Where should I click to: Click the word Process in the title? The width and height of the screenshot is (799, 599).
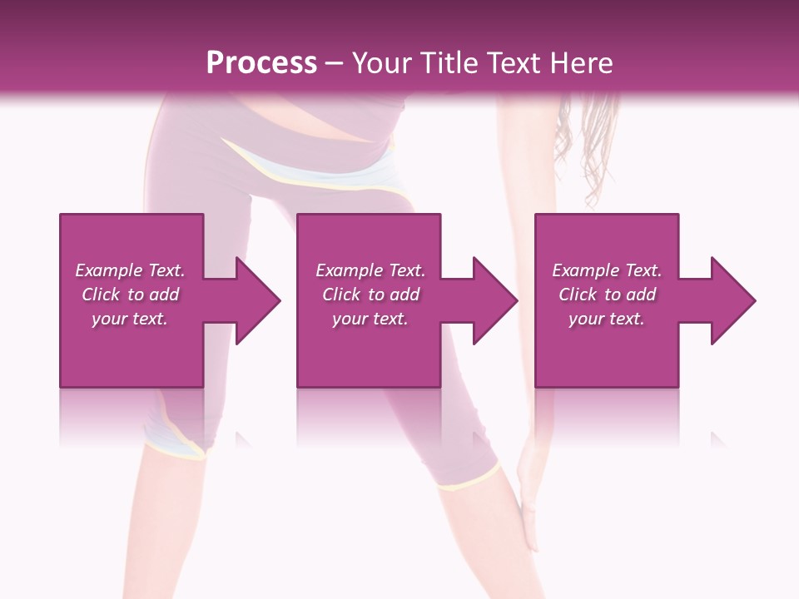click(261, 63)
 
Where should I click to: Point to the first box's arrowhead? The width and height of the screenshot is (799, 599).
click(258, 300)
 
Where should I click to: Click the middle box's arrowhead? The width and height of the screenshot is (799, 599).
click(495, 300)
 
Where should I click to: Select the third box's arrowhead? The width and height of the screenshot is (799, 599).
click(733, 300)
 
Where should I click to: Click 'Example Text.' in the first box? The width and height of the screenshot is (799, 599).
click(130, 270)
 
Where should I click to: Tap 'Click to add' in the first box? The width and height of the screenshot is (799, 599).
click(130, 295)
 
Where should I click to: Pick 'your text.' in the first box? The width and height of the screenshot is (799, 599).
click(130, 319)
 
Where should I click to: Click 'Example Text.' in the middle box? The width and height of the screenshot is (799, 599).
click(370, 270)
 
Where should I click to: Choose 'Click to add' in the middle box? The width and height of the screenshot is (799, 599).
click(370, 295)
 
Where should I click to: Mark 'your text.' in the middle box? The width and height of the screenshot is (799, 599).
click(370, 319)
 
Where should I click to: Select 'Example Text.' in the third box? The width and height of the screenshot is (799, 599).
click(607, 270)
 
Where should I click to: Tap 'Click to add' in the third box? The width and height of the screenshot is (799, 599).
click(607, 295)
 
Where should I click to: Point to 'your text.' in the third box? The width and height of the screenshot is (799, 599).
click(607, 319)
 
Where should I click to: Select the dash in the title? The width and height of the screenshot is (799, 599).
click(334, 63)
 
